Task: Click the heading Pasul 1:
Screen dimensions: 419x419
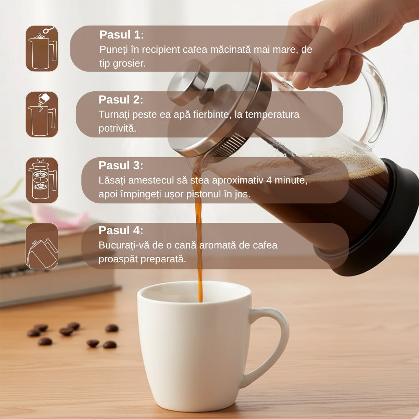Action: point(122,35)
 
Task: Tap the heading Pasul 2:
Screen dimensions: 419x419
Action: point(121,100)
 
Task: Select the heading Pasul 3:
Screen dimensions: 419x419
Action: point(121,166)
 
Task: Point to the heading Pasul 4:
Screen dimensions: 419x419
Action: point(121,230)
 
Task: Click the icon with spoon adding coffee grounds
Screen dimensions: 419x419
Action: point(42,49)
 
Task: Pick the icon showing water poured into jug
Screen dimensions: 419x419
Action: point(42,114)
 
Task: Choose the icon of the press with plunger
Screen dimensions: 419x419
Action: point(42,180)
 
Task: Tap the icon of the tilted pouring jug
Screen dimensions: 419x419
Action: point(42,246)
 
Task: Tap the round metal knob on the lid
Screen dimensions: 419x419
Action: point(189,83)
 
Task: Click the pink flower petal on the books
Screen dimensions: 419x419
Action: point(60,217)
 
